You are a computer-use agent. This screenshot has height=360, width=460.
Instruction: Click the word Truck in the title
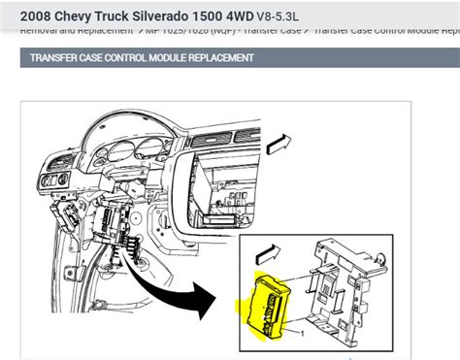(127, 16)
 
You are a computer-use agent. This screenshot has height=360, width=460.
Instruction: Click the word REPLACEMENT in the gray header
(224, 58)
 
